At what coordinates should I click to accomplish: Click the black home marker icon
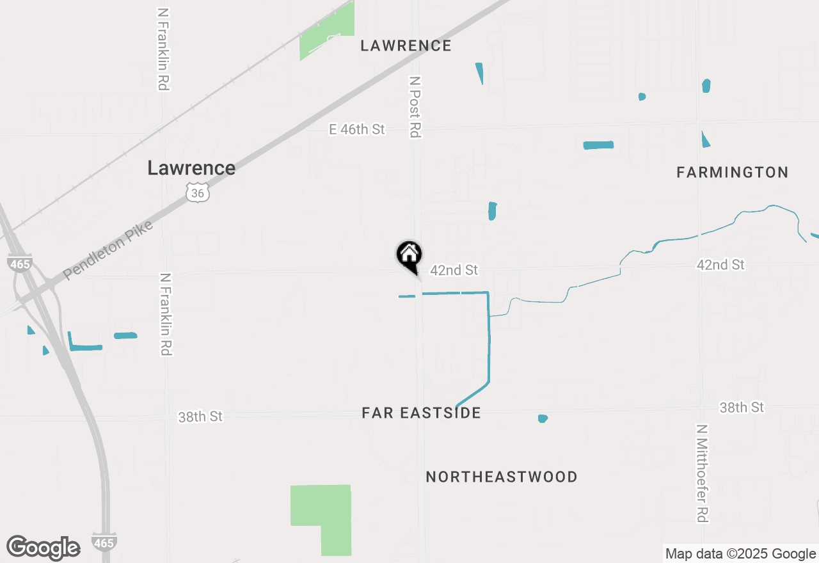pos(409,255)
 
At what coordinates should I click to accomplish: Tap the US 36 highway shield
pos(198,192)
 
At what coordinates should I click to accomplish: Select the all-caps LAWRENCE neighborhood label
pos(406,45)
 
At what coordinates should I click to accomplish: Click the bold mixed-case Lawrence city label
pos(191,168)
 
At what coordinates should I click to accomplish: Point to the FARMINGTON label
pos(732,172)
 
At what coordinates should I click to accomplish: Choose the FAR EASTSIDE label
pos(421,413)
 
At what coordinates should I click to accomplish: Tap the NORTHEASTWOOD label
pos(502,477)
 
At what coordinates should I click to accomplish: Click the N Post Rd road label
pos(415,107)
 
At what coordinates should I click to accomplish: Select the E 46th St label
pos(357,129)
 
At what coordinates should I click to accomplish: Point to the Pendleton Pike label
pos(109,251)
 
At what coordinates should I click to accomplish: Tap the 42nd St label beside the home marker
pos(454,271)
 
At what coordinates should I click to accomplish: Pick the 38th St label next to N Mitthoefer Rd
pos(742,408)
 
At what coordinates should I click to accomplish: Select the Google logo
pos(44,548)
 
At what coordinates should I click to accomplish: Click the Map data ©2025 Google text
pos(740,554)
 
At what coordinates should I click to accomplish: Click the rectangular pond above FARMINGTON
pos(598,145)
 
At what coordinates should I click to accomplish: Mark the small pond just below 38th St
pos(543,418)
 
